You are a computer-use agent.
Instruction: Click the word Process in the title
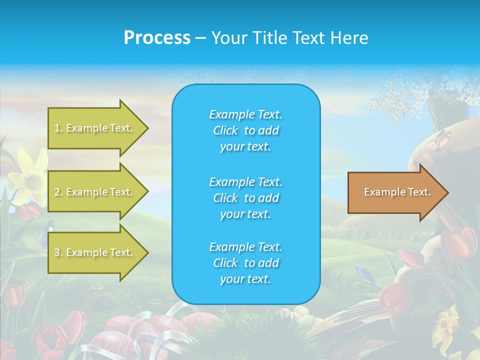[x=157, y=38]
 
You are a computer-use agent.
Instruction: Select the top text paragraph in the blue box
[x=245, y=130]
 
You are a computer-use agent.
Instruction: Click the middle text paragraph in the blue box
[x=245, y=198]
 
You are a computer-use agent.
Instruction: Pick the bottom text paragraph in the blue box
[x=245, y=263]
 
